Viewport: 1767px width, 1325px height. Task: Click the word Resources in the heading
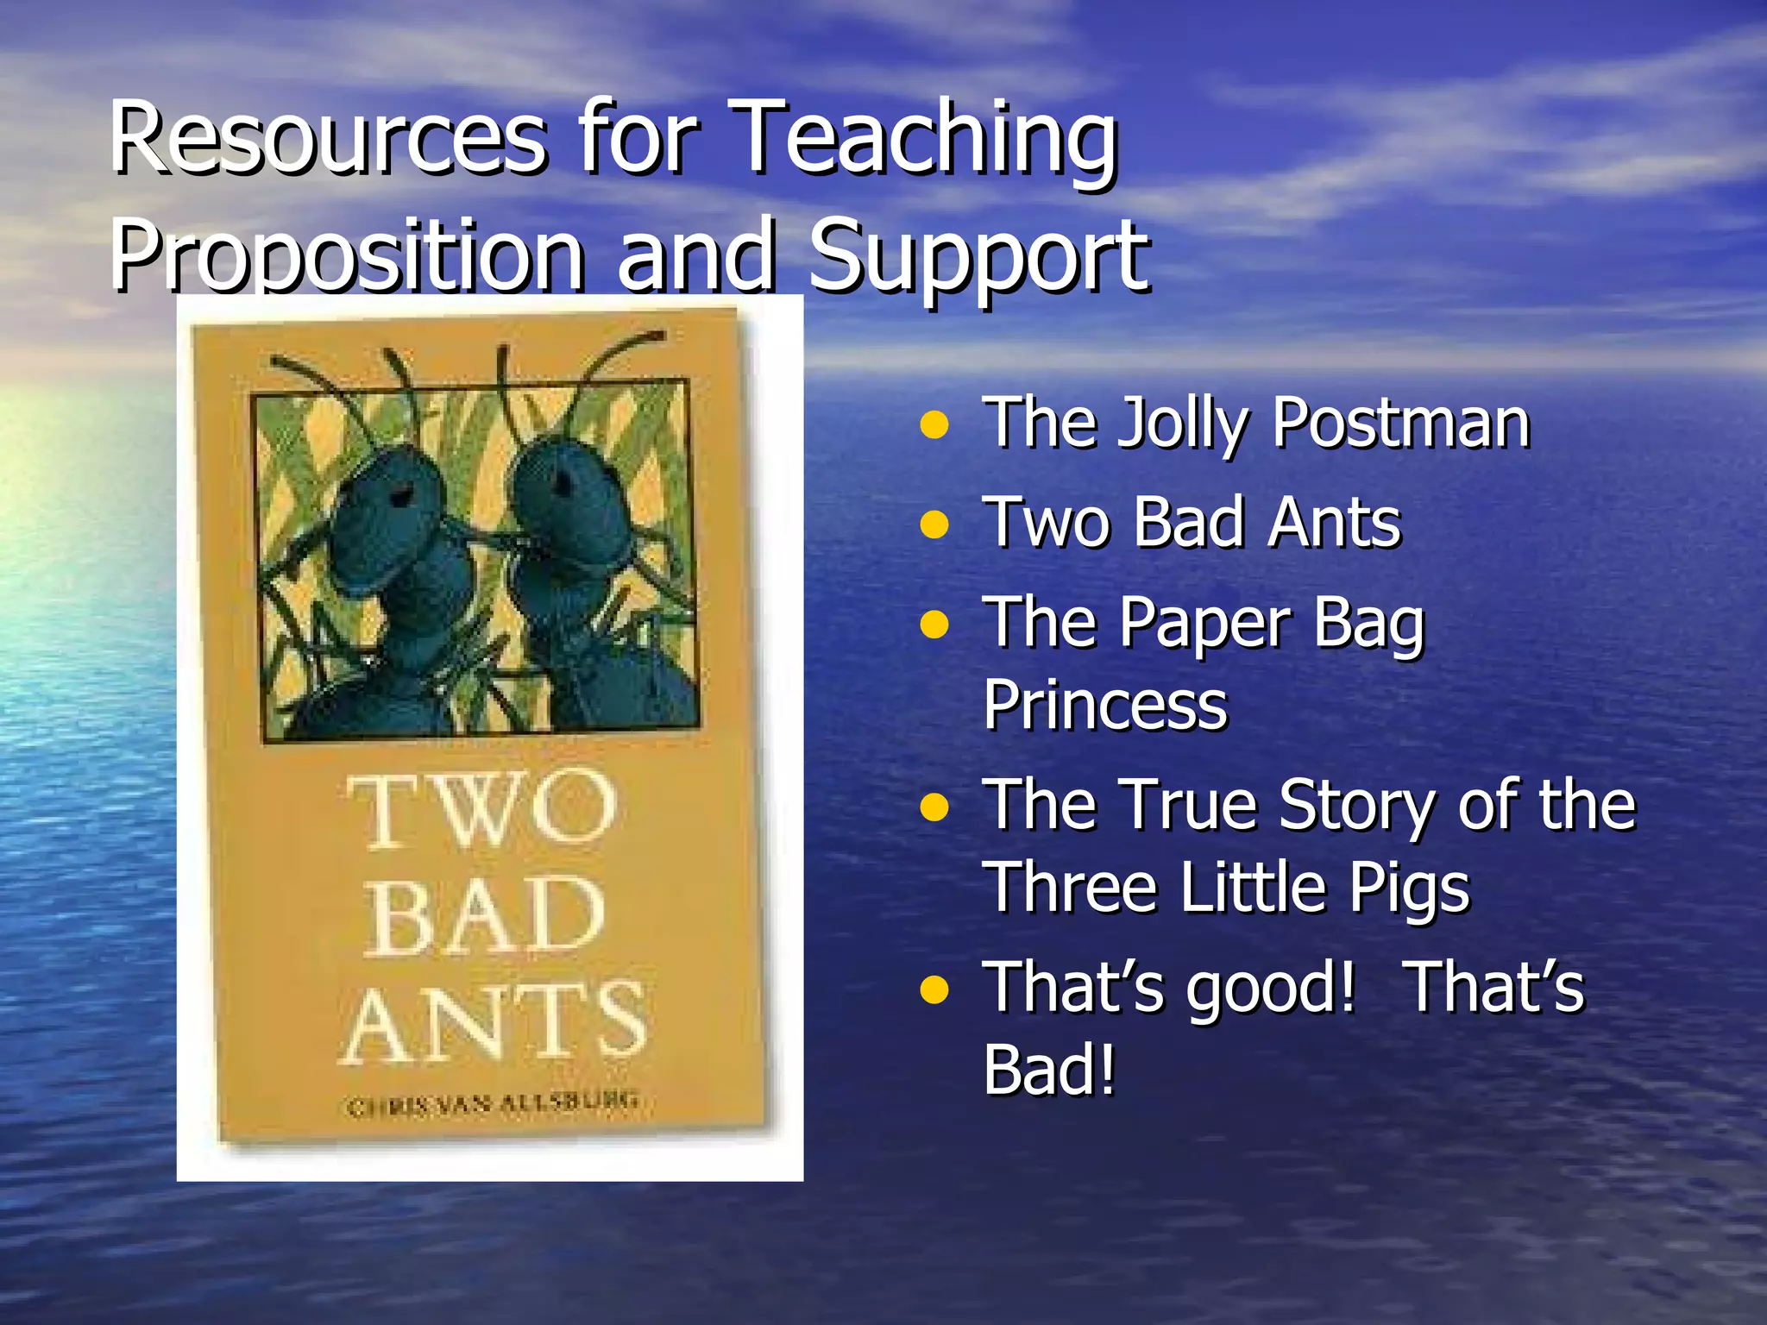(328, 138)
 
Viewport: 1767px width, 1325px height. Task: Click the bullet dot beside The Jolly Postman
(934, 425)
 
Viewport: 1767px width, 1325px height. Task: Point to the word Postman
(1401, 424)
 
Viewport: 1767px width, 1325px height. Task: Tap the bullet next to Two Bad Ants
(934, 524)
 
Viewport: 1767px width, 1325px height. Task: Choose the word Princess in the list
(1105, 706)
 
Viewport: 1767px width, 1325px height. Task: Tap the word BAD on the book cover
(485, 916)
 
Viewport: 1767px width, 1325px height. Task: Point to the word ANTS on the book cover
(494, 1022)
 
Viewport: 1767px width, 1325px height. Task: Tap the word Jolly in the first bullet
(1183, 425)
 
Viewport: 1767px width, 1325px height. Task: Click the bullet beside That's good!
(934, 991)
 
